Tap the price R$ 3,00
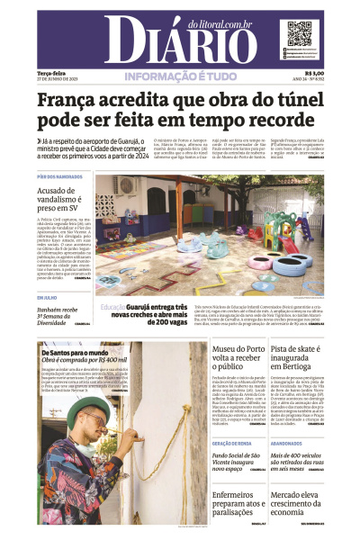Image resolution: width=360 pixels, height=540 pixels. click(x=314, y=74)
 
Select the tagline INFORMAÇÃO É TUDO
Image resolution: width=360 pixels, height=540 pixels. click(x=180, y=76)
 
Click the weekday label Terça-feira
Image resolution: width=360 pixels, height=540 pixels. click(x=52, y=74)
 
